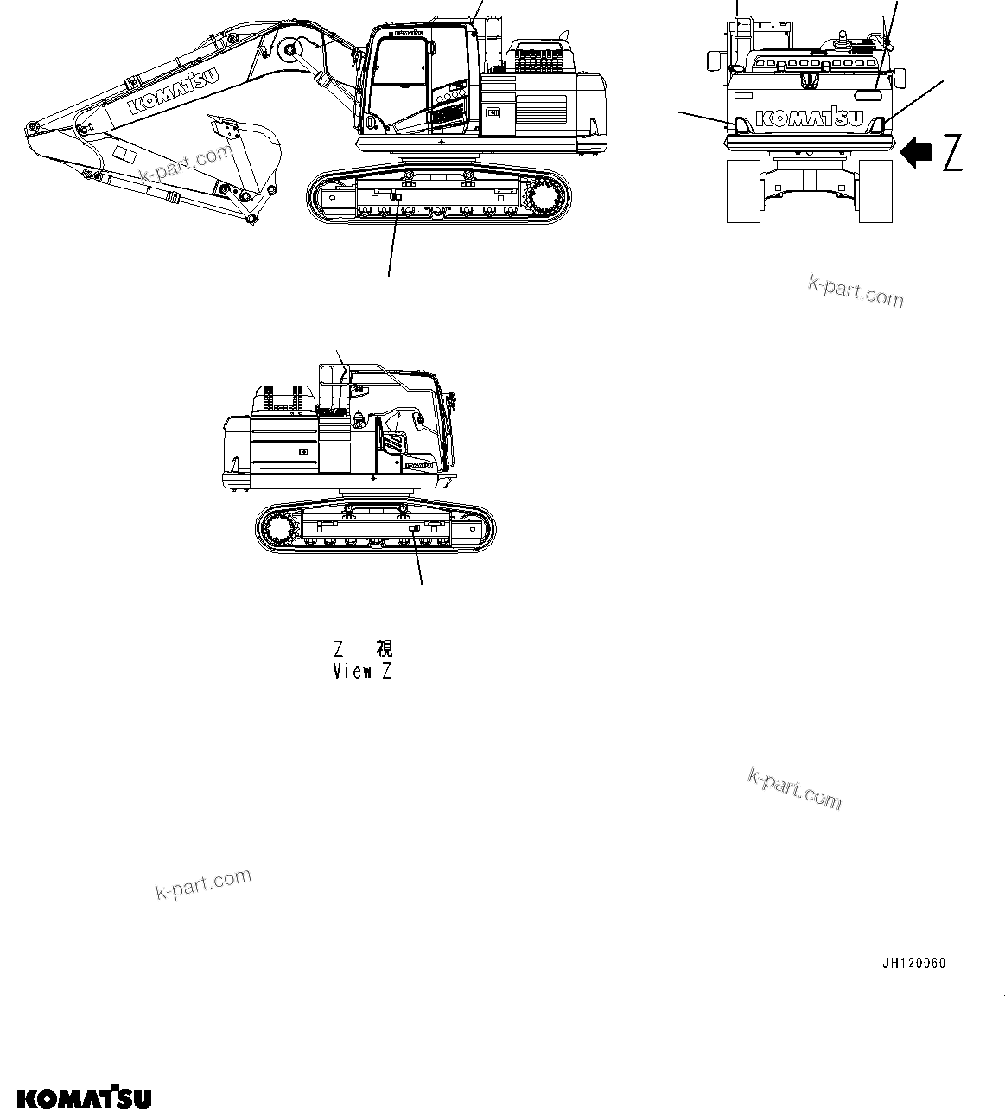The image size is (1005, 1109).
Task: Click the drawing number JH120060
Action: tap(913, 963)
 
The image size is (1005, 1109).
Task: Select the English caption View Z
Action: tap(362, 671)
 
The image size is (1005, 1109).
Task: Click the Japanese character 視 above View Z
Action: tap(384, 648)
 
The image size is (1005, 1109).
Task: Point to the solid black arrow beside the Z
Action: tap(915, 153)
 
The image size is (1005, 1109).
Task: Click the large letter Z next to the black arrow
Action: tap(951, 153)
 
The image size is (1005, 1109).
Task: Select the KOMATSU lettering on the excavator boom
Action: tap(173, 92)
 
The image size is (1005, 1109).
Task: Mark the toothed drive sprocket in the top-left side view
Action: tap(544, 199)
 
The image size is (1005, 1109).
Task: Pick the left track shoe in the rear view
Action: tap(743, 191)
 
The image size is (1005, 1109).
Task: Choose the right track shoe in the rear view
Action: tap(875, 191)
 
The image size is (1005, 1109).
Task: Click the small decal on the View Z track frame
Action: tap(414, 528)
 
